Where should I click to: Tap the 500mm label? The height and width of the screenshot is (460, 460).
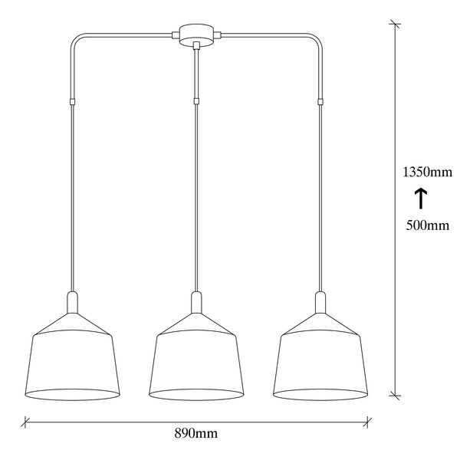click(420, 225)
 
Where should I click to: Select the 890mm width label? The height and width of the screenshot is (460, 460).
click(196, 435)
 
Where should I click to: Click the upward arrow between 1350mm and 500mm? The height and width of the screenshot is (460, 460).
click(420, 199)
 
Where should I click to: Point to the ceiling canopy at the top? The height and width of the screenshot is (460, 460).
click(196, 34)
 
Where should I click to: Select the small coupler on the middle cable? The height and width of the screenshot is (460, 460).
click(196, 100)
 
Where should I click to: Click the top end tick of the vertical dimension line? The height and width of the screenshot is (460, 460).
click(396, 25)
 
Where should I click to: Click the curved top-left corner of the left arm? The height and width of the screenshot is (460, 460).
click(74, 38)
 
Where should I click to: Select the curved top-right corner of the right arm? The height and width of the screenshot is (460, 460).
click(318, 38)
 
